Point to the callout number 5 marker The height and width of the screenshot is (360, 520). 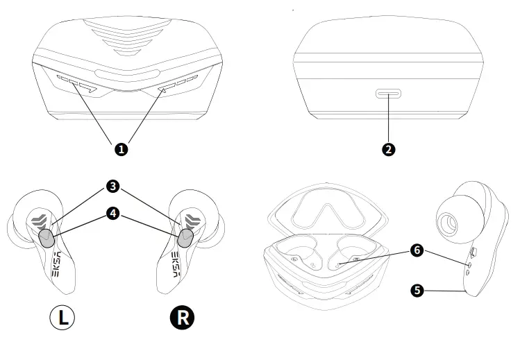tap(417, 291)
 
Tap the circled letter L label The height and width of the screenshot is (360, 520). tap(62, 318)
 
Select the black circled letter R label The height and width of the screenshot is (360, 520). tap(183, 318)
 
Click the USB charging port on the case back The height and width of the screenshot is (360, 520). tap(389, 94)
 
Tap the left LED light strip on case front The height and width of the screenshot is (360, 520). tap(76, 84)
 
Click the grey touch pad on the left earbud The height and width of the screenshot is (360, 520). tap(46, 239)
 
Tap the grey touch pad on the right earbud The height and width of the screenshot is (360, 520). tap(185, 239)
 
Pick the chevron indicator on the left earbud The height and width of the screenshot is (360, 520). tap(40, 221)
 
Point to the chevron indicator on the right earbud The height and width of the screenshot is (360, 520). tap(192, 221)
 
